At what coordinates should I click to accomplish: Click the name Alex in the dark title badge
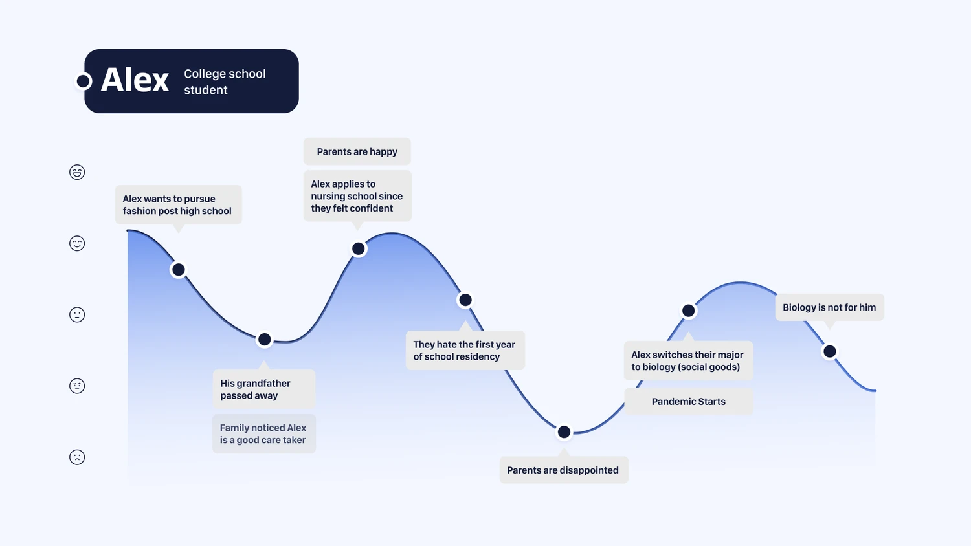(135, 80)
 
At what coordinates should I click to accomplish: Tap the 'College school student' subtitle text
(225, 82)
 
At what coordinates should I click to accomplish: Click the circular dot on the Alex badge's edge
(84, 81)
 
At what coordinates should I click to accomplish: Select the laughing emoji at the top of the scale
(77, 172)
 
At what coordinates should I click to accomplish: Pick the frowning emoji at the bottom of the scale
(77, 457)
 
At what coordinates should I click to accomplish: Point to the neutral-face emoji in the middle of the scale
(77, 314)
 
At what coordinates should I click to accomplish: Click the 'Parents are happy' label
(357, 151)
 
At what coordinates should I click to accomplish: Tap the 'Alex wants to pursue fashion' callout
(179, 205)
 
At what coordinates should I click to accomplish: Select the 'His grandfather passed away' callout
(264, 389)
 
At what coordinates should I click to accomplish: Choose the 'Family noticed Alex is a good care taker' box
(264, 434)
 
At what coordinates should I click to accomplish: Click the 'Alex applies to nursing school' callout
(357, 196)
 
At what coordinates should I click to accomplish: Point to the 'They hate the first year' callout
(465, 350)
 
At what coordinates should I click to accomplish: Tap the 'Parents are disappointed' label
(564, 470)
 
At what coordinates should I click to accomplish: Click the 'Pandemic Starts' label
(688, 402)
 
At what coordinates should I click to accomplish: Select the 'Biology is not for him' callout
(829, 307)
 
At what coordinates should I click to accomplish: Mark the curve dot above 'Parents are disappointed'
(564, 432)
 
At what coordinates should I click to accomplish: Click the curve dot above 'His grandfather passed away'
(264, 339)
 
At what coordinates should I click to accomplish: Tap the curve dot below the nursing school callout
(359, 248)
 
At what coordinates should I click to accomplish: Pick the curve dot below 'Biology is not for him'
(830, 351)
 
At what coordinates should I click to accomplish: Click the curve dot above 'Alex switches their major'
(688, 311)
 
